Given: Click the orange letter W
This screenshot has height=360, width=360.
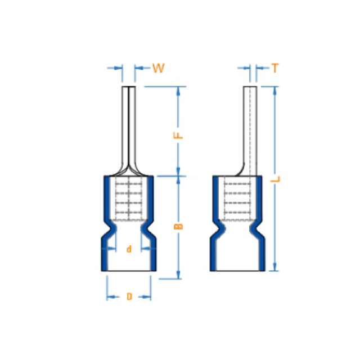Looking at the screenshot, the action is click(x=159, y=68).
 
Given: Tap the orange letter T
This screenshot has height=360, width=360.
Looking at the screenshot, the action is click(x=275, y=68).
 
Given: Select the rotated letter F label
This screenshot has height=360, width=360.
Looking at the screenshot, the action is click(x=178, y=135).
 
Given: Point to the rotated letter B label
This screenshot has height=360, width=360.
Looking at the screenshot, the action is click(x=178, y=227).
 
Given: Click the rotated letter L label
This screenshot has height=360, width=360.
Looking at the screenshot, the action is click(x=275, y=179).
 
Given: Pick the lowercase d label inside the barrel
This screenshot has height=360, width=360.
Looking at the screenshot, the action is click(x=129, y=249).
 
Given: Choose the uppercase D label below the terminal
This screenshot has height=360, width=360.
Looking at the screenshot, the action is click(x=129, y=296).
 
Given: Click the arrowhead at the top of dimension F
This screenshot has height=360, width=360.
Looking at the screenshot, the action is click(x=178, y=91).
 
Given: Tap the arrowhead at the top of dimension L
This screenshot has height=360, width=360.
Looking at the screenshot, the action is click(x=275, y=91).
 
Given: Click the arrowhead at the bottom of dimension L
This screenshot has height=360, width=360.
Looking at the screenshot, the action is click(x=275, y=267).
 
